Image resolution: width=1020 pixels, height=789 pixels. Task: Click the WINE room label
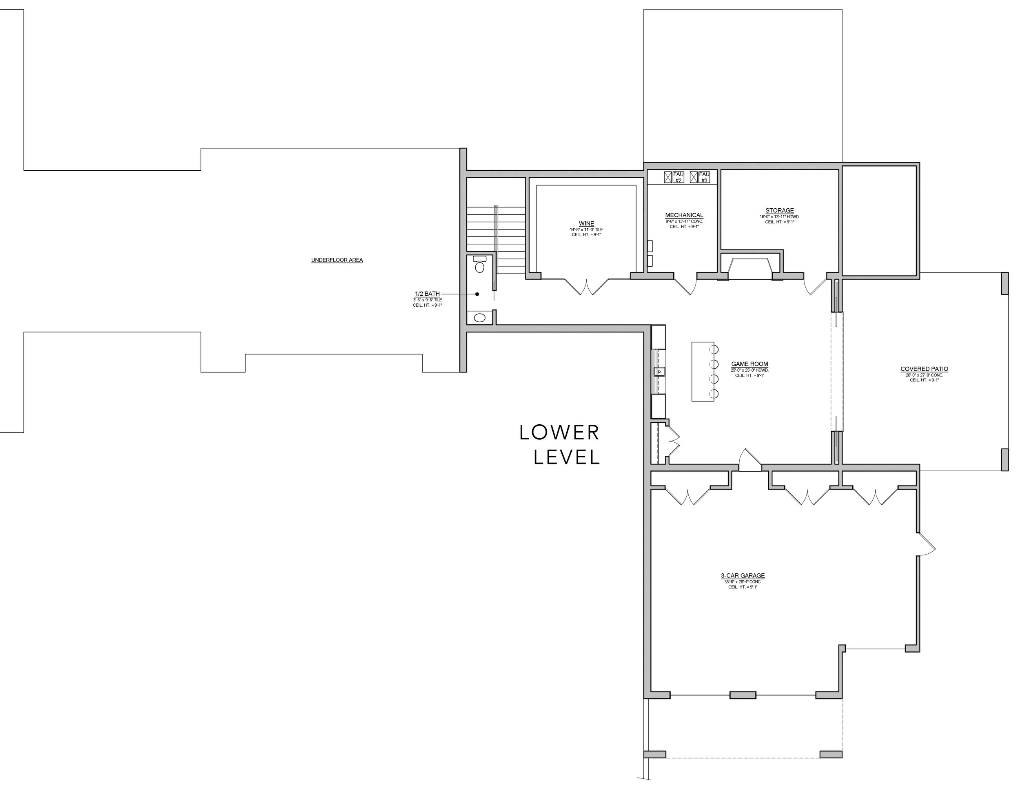[x=587, y=224]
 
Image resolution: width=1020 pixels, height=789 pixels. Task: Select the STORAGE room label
[x=779, y=211]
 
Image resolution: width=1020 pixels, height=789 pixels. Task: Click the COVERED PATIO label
[x=924, y=369]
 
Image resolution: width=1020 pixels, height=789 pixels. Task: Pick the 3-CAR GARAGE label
[x=743, y=576]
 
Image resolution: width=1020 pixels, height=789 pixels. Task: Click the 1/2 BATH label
[x=427, y=294]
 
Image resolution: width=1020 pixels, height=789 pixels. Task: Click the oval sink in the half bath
[x=480, y=318]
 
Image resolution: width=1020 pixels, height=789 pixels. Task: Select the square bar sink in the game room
[x=659, y=372]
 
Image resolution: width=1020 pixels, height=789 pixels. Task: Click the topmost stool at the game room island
[x=714, y=349]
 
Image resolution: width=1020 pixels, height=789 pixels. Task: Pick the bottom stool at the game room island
[x=714, y=394]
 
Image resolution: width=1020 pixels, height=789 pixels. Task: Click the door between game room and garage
[x=749, y=460]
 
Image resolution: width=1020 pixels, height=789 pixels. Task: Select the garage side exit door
[x=926, y=544]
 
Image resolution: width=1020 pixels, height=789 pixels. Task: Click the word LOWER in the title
[x=559, y=433]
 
